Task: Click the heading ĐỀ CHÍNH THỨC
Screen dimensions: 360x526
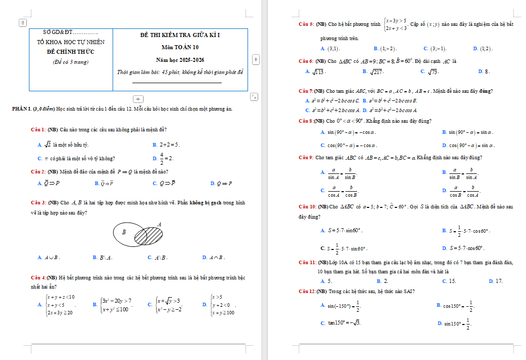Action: [x=71, y=52]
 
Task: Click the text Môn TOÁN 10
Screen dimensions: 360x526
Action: [x=180, y=48]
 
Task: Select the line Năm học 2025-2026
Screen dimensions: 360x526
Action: [x=180, y=60]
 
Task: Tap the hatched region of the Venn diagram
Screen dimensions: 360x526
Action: [x=148, y=236]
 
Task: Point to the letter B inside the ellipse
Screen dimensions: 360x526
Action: [x=124, y=232]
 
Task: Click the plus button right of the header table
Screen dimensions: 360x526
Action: [x=255, y=59]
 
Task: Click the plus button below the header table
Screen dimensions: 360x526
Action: [x=138, y=98]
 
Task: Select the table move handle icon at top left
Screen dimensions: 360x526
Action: [x=22, y=22]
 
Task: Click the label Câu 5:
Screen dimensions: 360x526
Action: [x=306, y=24]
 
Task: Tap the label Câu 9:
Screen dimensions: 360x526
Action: [x=306, y=158]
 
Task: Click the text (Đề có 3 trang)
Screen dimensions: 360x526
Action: [x=71, y=62]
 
